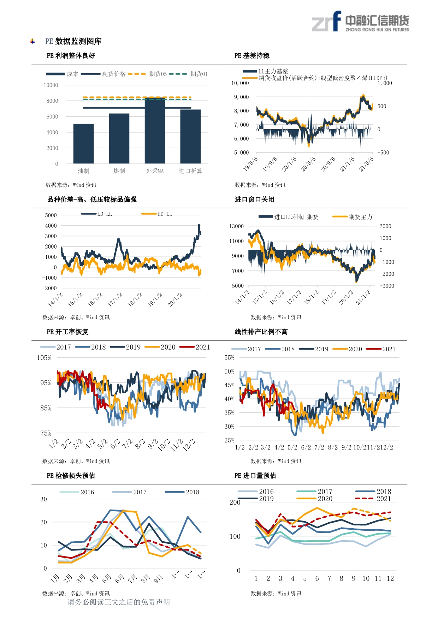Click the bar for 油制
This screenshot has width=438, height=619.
(x=83, y=143)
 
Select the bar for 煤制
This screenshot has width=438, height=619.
(x=119, y=138)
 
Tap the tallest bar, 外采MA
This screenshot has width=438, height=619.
(x=155, y=131)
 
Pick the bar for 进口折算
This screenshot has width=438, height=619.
(x=190, y=136)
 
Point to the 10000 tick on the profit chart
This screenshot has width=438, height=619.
(x=51, y=85)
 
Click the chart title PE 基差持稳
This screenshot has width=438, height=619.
(x=252, y=56)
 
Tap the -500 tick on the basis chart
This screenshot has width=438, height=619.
(x=383, y=153)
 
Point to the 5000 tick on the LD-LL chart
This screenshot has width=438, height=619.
(x=51, y=215)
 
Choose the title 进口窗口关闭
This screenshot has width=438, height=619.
(x=254, y=200)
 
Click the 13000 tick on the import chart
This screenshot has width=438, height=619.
(x=236, y=226)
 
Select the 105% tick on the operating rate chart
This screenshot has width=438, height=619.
(x=44, y=358)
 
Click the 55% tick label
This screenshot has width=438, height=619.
(x=229, y=358)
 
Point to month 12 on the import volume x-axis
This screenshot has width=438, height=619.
(x=390, y=578)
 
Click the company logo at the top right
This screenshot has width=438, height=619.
(x=360, y=22)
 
